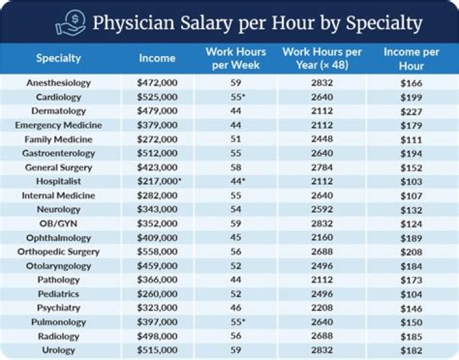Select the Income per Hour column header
(411, 58)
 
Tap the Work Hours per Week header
(235, 58)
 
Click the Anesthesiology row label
(59, 83)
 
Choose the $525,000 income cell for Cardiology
(157, 97)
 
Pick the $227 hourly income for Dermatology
(411, 111)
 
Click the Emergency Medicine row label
(59, 125)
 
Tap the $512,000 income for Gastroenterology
(157, 153)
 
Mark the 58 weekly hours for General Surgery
(235, 167)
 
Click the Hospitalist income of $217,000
(157, 181)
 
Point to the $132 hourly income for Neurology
(411, 209)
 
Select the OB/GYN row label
(59, 223)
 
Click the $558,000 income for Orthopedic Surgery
(157, 251)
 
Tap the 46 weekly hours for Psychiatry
(235, 307)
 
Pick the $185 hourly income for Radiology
(411, 335)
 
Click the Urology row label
(59, 349)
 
